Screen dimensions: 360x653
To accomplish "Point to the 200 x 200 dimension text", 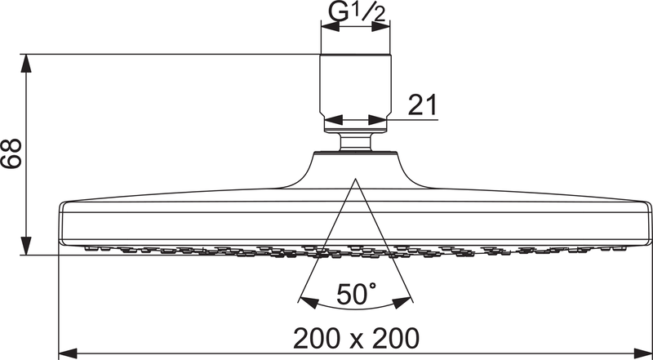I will [358, 336].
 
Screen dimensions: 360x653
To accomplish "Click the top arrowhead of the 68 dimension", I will [27, 61].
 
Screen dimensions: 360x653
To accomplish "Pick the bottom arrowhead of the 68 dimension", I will [27, 247].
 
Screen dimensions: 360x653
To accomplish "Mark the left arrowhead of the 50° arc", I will [305, 299].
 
